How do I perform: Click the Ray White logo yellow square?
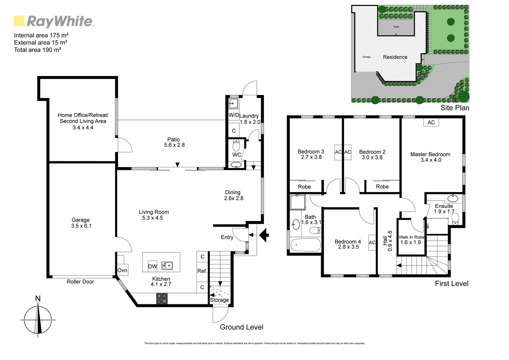click(x=19, y=21)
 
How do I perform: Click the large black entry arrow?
click(x=264, y=235)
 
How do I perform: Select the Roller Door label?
click(x=80, y=282)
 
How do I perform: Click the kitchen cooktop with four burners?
click(x=162, y=298)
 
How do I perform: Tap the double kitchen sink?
click(x=167, y=266)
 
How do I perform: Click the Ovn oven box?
click(x=122, y=270)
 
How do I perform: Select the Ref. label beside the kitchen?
click(x=202, y=271)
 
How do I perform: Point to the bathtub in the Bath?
click(x=305, y=246)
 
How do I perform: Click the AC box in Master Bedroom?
click(x=431, y=123)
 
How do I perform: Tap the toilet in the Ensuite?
click(x=455, y=219)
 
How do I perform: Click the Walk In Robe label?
click(x=411, y=237)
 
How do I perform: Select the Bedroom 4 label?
click(x=348, y=242)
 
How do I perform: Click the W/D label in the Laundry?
click(x=234, y=115)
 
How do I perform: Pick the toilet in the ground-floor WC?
click(x=236, y=145)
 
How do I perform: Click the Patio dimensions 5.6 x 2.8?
click(x=174, y=145)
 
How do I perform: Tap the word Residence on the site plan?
click(x=395, y=57)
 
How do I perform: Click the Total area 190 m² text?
click(x=37, y=50)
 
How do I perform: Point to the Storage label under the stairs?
click(x=219, y=300)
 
